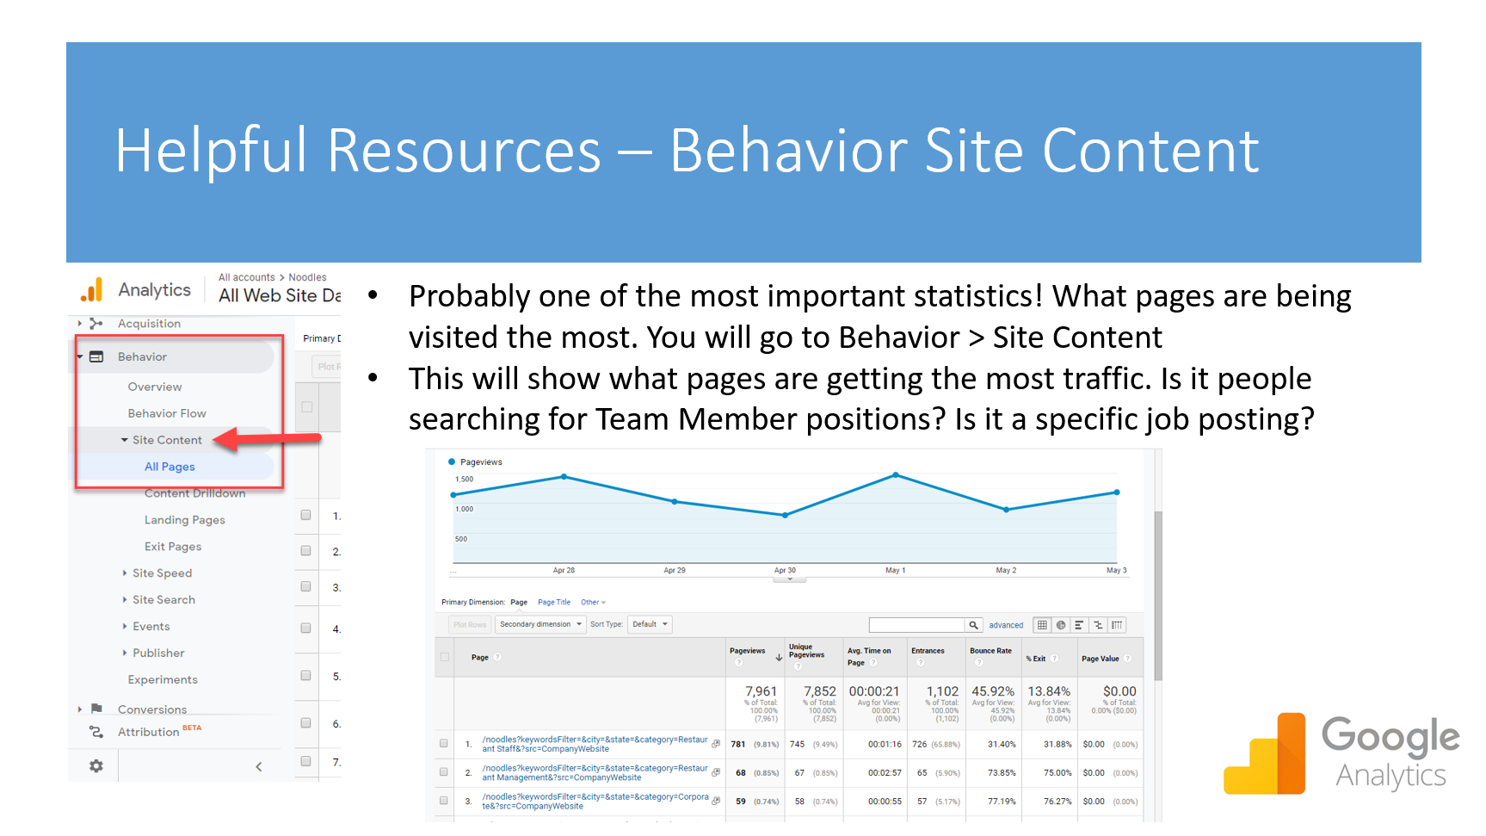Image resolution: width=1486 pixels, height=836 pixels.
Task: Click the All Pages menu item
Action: tap(170, 467)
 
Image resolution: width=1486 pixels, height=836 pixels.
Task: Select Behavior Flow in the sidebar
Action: tap(167, 413)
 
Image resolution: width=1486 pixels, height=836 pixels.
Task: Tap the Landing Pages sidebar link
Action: tap(184, 520)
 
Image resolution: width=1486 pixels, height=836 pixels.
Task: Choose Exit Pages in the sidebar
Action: tap(172, 547)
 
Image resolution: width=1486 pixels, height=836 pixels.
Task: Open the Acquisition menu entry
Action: tap(149, 324)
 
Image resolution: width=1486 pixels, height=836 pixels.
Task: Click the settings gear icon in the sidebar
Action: tap(96, 765)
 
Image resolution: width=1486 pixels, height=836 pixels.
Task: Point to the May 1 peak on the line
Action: tap(896, 475)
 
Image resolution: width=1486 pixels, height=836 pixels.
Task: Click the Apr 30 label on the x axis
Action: tap(785, 570)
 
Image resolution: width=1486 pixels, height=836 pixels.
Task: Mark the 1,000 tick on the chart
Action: tap(465, 509)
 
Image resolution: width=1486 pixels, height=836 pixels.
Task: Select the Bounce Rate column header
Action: tap(990, 651)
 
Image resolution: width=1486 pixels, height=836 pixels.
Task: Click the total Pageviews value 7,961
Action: tap(761, 691)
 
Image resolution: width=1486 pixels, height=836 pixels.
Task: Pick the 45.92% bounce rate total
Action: tap(992, 691)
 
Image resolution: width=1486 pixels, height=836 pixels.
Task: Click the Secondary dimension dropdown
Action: tap(540, 624)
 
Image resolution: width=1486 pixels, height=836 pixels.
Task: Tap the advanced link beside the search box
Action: tap(1006, 625)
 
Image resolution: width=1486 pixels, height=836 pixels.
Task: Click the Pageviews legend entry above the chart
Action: tap(480, 462)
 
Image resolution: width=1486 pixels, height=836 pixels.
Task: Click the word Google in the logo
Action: tap(1390, 737)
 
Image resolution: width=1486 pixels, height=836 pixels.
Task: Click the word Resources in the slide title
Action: tap(464, 152)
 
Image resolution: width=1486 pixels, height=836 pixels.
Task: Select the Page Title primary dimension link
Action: tap(553, 603)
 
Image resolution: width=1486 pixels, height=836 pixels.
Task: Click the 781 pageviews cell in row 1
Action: tap(738, 744)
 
